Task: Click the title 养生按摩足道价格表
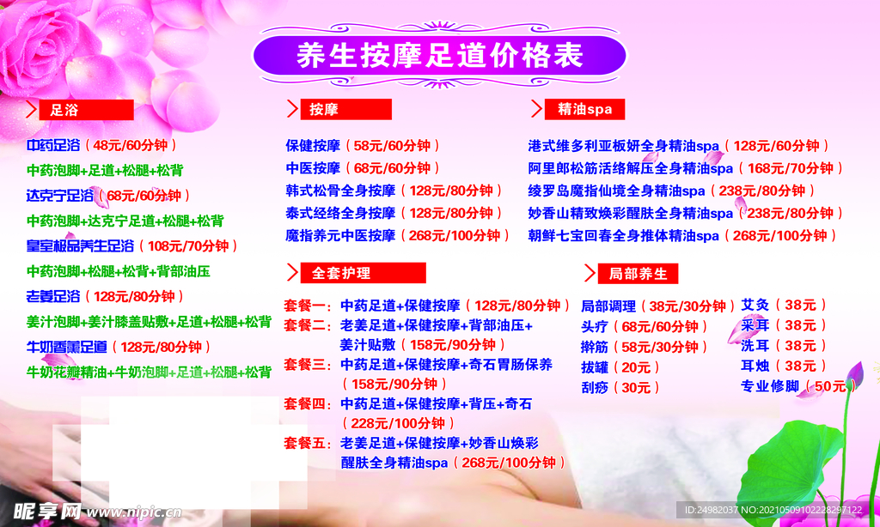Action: [439, 56]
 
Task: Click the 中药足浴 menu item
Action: [53, 145]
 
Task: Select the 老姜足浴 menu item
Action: [53, 296]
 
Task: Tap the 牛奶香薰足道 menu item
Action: [67, 347]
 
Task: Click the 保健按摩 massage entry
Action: [313, 145]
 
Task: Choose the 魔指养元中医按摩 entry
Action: [340, 235]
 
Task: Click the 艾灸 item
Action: [755, 304]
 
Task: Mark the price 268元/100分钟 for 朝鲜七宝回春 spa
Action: [782, 235]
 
